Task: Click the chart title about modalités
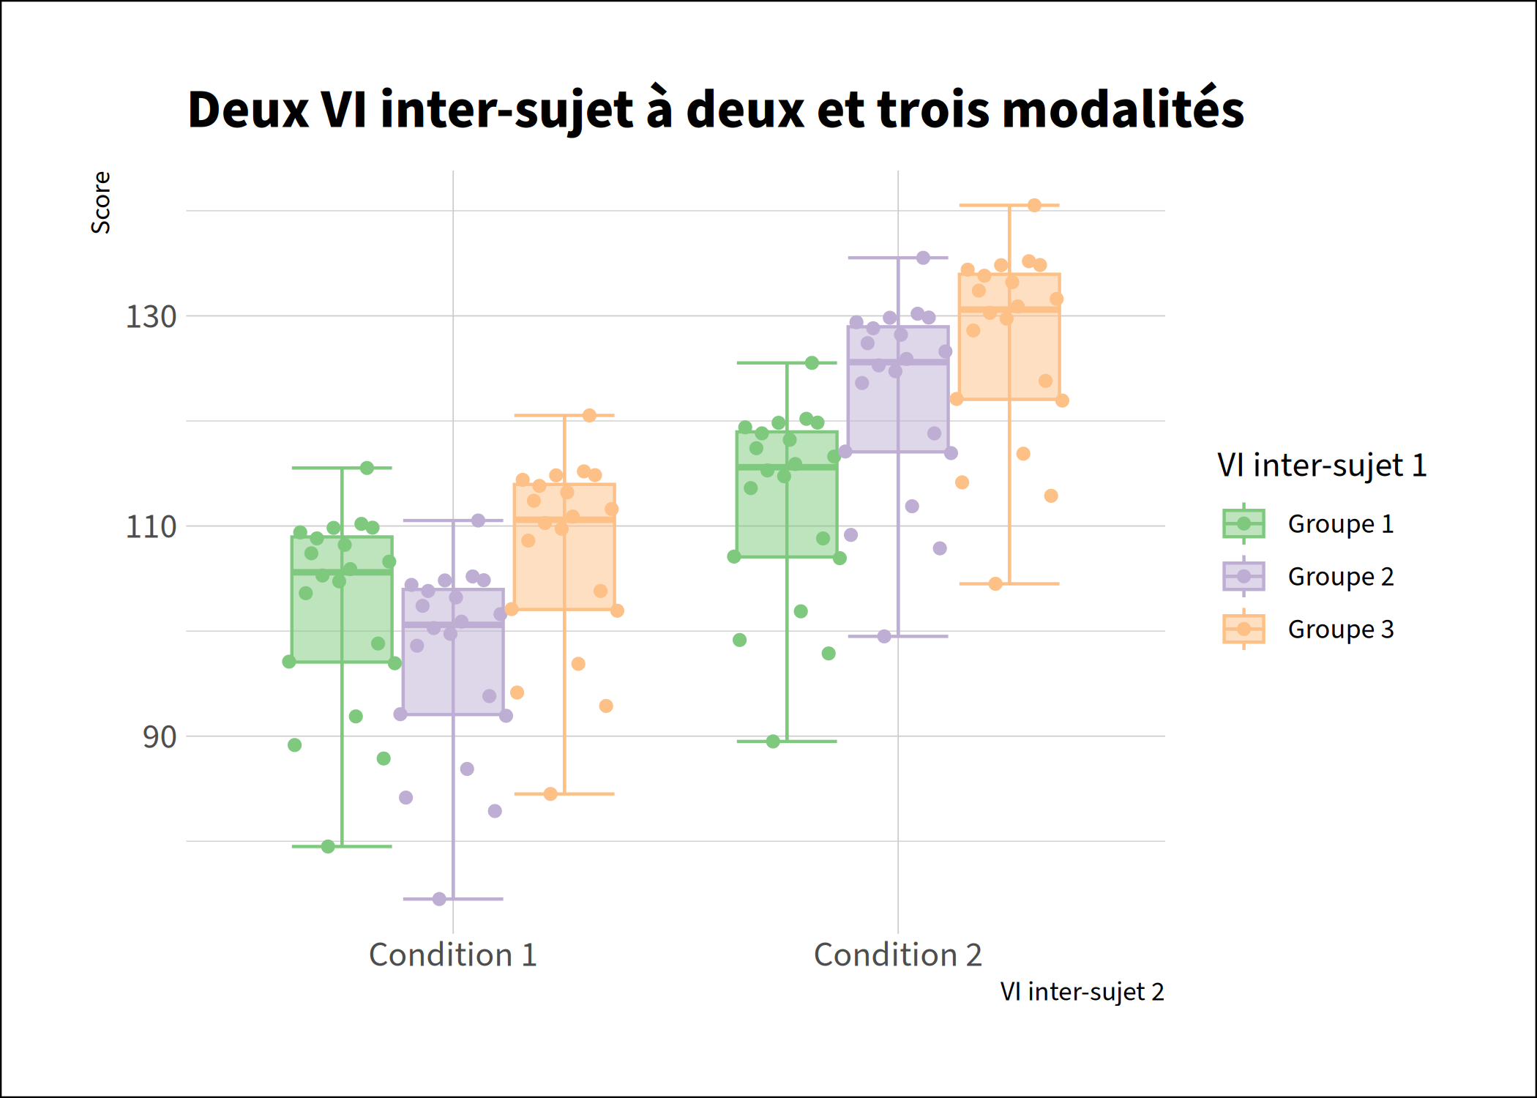click(x=715, y=110)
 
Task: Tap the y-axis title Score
click(x=100, y=203)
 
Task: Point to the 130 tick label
click(x=151, y=317)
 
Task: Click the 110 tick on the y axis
click(x=151, y=527)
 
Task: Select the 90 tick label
click(x=159, y=737)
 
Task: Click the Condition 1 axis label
click(x=452, y=955)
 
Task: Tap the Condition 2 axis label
click(x=897, y=955)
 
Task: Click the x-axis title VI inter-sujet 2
click(x=1081, y=992)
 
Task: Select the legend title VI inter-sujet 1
click(x=1322, y=466)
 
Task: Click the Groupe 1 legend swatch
click(x=1244, y=523)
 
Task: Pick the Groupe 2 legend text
click(x=1340, y=577)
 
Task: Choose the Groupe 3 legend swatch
click(x=1244, y=629)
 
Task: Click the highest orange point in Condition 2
click(x=1034, y=206)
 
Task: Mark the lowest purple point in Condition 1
click(x=439, y=899)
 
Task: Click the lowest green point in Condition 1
click(x=328, y=846)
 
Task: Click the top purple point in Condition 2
click(x=923, y=258)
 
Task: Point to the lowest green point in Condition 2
click(x=773, y=742)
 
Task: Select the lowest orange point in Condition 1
click(x=550, y=793)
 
